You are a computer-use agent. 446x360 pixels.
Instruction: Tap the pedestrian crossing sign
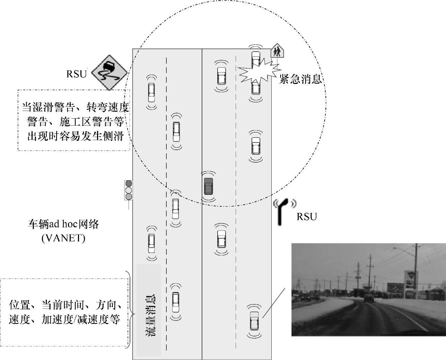(x=277, y=51)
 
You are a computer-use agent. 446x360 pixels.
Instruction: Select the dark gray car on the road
(x=209, y=186)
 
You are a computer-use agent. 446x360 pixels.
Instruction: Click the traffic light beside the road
(x=129, y=190)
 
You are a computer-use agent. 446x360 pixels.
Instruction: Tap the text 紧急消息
(x=300, y=79)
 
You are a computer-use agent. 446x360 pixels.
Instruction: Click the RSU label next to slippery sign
(x=76, y=74)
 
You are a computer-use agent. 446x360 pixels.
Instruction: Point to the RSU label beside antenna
(x=307, y=217)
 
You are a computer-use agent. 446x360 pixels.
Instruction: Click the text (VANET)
(x=63, y=239)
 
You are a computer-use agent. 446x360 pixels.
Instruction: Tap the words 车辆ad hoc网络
(x=63, y=224)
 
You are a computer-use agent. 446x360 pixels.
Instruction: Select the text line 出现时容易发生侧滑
(x=75, y=136)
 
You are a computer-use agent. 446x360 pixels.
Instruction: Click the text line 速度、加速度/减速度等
(x=64, y=319)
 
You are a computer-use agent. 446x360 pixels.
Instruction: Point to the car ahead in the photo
(x=369, y=298)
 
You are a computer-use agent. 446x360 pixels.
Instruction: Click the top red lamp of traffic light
(x=129, y=184)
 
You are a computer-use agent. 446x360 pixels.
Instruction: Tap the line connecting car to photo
(x=273, y=302)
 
